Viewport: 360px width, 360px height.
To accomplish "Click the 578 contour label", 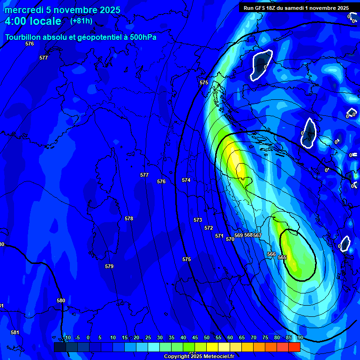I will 129,218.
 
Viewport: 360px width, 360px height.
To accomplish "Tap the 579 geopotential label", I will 109,266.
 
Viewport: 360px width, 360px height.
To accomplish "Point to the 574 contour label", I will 186,180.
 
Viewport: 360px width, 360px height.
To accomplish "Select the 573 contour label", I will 198,220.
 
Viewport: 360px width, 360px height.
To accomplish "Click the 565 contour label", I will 282,257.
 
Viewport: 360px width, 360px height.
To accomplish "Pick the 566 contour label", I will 271,254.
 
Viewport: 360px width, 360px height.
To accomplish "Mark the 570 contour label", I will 230,239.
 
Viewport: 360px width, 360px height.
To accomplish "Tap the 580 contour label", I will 61,300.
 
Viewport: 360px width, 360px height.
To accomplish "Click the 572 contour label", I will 209,228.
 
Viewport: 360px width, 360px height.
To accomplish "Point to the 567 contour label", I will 257,235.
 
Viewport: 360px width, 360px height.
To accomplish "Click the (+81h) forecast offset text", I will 81,21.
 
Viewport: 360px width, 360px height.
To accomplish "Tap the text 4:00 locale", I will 33,21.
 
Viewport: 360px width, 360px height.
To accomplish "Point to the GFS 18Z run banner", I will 296,8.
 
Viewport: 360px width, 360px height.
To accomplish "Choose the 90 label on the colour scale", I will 300,337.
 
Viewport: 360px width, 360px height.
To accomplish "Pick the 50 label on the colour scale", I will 206,337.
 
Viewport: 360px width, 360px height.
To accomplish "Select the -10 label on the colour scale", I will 67,337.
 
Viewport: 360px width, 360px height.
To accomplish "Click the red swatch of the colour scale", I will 294,347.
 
